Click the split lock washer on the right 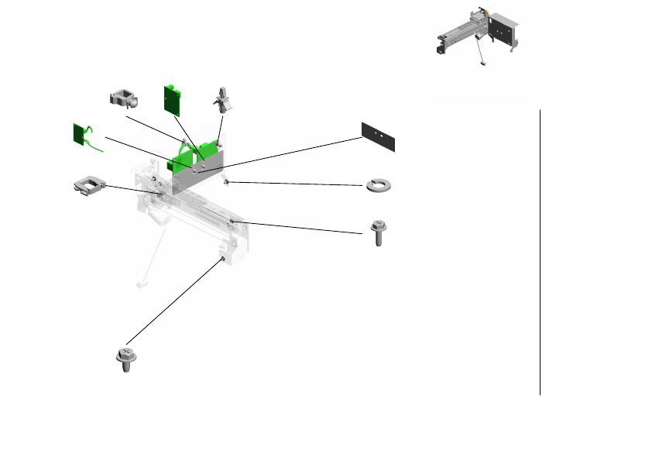coord(379,184)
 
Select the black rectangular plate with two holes coord(379,136)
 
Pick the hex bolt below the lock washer coord(379,232)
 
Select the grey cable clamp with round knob coord(123,98)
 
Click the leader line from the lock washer coord(294,184)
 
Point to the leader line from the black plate coord(287,151)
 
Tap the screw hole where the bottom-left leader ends coord(223,260)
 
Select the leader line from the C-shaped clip coord(132,189)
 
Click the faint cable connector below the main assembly coord(140,284)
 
